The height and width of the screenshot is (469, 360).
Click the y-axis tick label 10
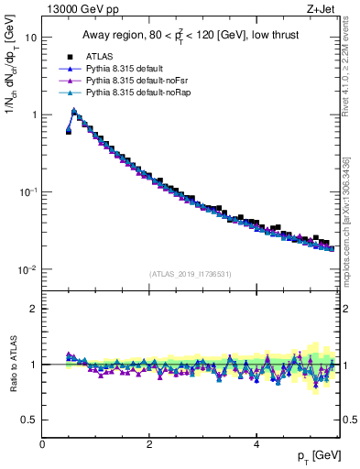click(x=30, y=38)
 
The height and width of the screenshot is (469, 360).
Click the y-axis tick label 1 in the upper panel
click(x=33, y=115)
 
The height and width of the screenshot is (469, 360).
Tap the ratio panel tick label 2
click(x=33, y=309)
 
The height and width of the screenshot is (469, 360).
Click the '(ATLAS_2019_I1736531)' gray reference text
click(x=191, y=274)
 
